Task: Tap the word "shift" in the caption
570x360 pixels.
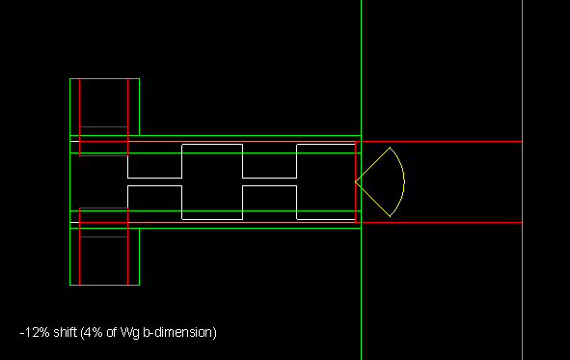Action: click(x=65, y=332)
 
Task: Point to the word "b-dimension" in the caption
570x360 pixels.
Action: click(x=179, y=332)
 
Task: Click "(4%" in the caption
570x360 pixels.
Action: click(x=92, y=332)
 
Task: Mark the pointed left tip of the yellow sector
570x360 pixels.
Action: click(x=356, y=181)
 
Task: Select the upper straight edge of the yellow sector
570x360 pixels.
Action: click(x=372, y=164)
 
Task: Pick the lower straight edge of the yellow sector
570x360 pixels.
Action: click(x=372, y=199)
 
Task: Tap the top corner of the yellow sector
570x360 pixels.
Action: click(x=390, y=148)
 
